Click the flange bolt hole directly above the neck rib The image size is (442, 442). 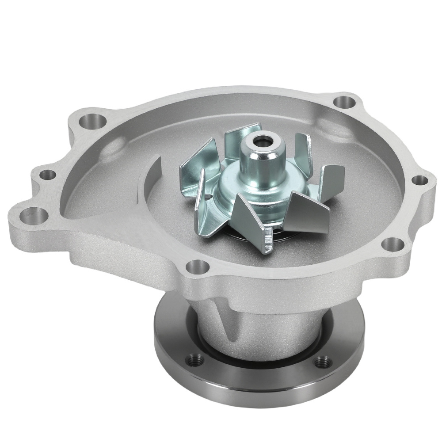tap(197, 267)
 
